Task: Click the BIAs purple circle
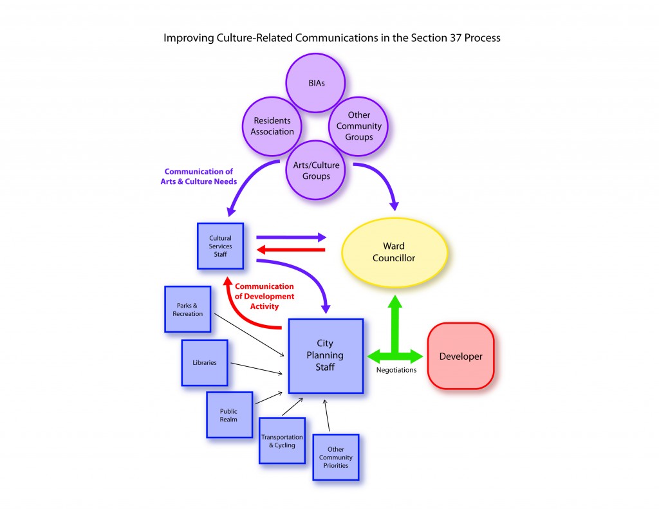315,84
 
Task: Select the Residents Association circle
272,126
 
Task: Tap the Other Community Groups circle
358,126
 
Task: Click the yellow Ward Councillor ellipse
394,252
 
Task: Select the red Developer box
460,356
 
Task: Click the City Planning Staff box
325,355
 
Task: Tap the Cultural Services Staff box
220,246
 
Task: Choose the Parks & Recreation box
187,309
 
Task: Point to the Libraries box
205,362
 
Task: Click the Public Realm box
228,414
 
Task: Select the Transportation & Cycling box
282,440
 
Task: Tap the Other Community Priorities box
335,457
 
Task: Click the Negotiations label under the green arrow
396,370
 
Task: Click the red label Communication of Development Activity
264,296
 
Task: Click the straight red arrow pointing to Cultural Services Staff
290,250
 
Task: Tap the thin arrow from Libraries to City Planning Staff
257,369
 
